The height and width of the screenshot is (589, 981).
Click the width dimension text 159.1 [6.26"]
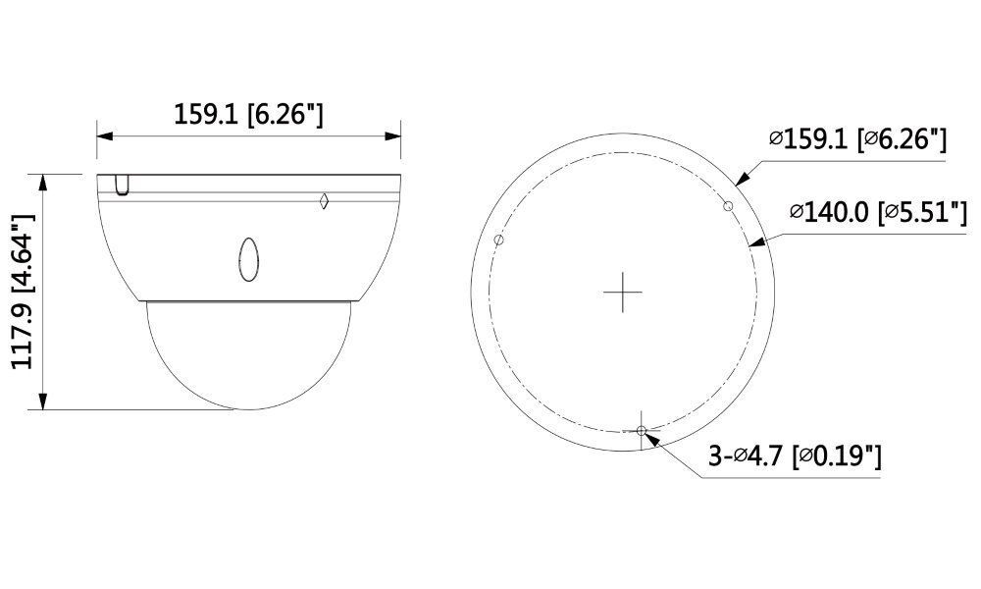point(248,114)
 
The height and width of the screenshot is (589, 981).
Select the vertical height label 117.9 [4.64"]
point(23,292)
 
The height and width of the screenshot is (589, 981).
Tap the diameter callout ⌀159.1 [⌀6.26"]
point(857,140)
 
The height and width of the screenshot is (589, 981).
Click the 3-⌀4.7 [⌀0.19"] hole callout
point(794,456)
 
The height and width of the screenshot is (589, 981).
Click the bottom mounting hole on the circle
point(642,431)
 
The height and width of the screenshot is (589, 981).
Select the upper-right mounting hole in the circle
point(728,204)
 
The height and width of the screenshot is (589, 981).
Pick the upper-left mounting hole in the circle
point(499,240)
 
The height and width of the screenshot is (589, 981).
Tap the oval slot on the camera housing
point(247,256)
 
